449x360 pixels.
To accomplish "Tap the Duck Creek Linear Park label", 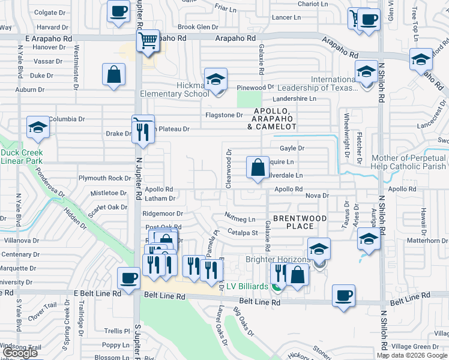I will tap(21, 157).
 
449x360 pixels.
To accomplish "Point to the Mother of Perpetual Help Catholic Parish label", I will tap(409, 162).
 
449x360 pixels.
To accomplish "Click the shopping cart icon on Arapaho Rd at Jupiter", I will tap(148, 41).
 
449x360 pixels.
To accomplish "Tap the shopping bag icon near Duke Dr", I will tap(113, 76).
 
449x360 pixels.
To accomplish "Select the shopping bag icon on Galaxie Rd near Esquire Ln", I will tap(258, 168).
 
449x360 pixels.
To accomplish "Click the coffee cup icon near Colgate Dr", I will tap(118, 11).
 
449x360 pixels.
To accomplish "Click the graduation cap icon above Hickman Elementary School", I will tap(215, 79).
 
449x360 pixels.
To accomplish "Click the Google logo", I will tap(20, 353).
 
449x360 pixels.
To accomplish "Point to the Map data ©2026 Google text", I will tap(412, 355).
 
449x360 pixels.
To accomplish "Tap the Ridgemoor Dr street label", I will tap(163, 213).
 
